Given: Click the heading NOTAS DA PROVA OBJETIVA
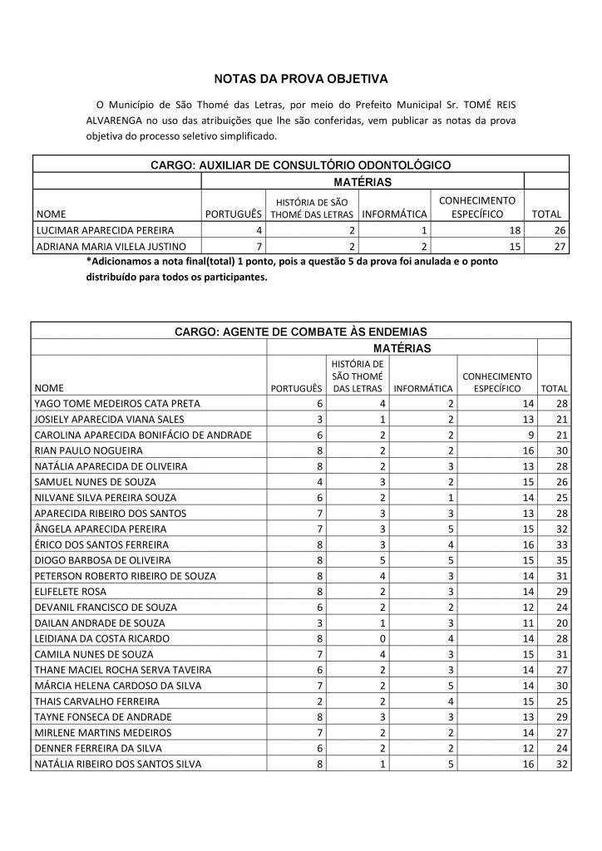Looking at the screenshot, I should tap(301, 79).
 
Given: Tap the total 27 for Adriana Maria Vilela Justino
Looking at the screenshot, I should tap(560, 246).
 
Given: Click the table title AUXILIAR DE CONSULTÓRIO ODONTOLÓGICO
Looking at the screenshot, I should tap(301, 165).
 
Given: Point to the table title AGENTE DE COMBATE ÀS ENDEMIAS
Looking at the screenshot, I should tap(301, 331).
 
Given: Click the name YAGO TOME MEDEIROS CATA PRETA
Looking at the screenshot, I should tap(117, 403).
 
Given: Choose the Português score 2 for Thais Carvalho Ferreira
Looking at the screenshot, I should tap(318, 701).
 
